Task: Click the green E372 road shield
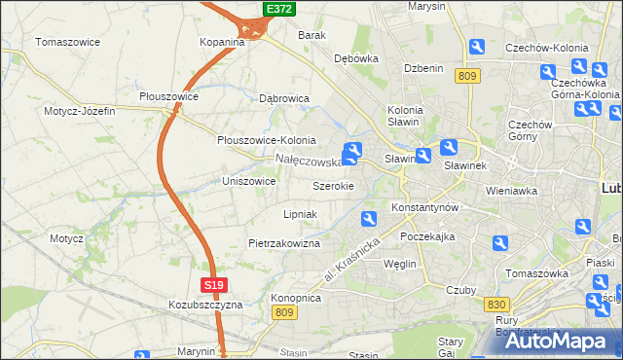[279, 9]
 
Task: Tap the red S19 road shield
[215, 284]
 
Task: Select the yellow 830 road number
[495, 305]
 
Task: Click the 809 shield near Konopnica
[283, 311]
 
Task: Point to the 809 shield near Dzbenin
[468, 76]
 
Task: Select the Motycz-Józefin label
[79, 111]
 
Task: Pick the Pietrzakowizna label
[284, 243]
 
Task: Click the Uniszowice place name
[249, 181]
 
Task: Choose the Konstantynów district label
[424, 208]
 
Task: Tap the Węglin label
[400, 264]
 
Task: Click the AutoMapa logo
[556, 341]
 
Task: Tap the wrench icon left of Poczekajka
[369, 218]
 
